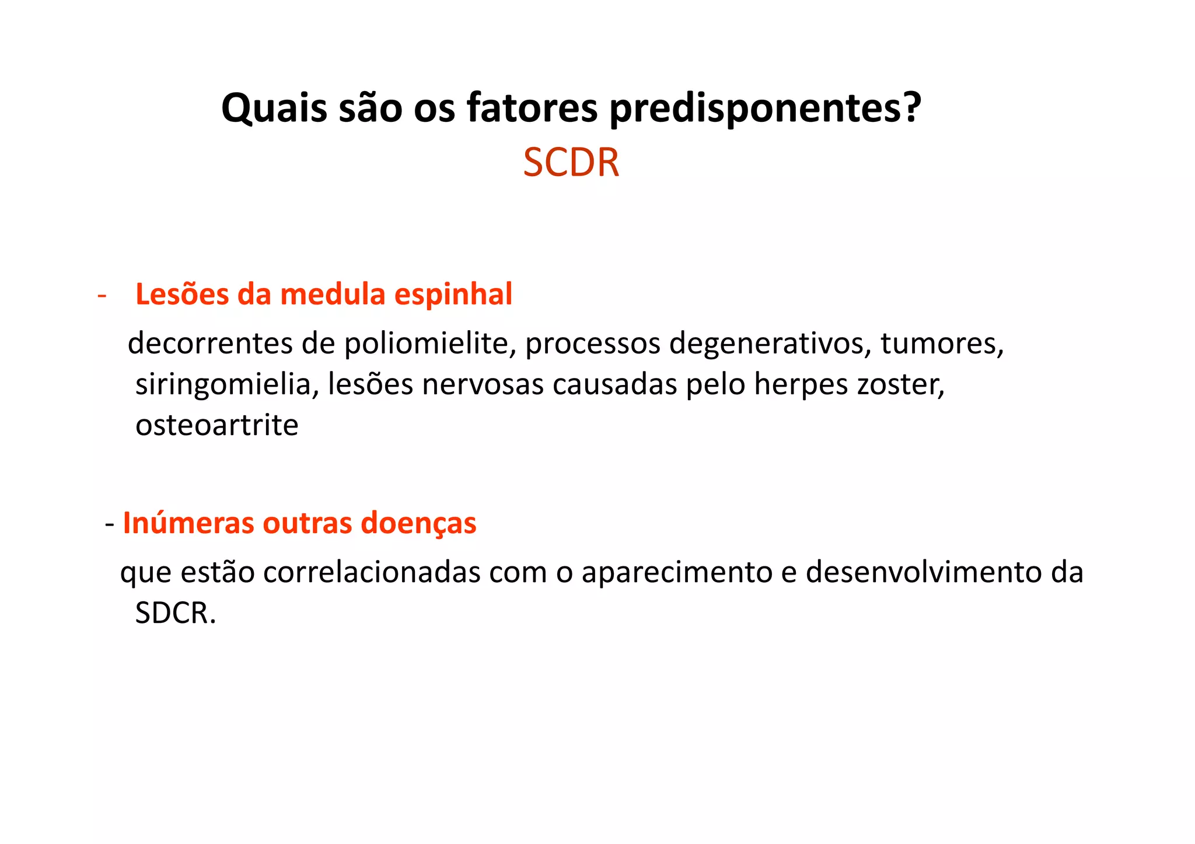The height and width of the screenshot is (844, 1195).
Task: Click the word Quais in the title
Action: [274, 108]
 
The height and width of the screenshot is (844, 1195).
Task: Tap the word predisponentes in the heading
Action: [765, 108]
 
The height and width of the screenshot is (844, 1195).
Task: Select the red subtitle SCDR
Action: [571, 163]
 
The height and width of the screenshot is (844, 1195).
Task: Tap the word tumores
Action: [941, 344]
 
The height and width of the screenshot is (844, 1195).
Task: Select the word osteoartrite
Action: [217, 425]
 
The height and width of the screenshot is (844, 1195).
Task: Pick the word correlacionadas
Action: [372, 572]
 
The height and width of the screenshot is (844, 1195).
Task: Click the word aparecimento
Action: [677, 572]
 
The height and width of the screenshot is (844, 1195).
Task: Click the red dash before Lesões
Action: [102, 295]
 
